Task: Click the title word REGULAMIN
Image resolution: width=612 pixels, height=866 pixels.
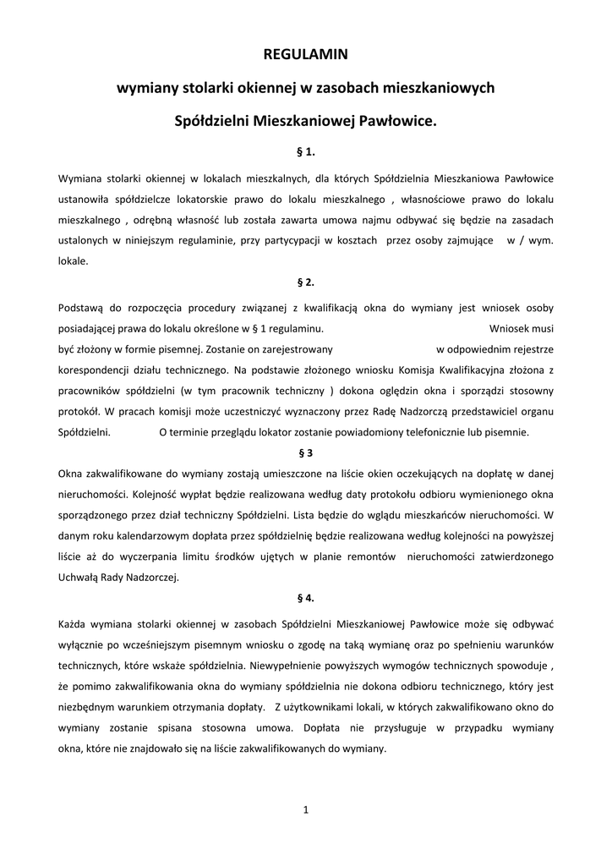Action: click(x=305, y=54)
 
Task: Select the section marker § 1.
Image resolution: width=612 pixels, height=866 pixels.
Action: click(x=305, y=151)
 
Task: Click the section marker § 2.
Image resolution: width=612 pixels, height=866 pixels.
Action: click(x=305, y=282)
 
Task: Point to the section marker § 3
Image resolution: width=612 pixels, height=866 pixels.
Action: click(x=305, y=452)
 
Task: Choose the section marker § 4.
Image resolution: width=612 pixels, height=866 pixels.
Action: click(x=305, y=597)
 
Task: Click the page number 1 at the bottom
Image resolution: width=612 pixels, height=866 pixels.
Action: click(x=306, y=810)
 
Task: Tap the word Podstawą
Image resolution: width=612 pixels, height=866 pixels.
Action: click(x=82, y=307)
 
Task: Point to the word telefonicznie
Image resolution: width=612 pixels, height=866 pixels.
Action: click(x=391, y=432)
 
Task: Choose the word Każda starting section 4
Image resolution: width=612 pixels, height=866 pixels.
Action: click(x=75, y=624)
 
